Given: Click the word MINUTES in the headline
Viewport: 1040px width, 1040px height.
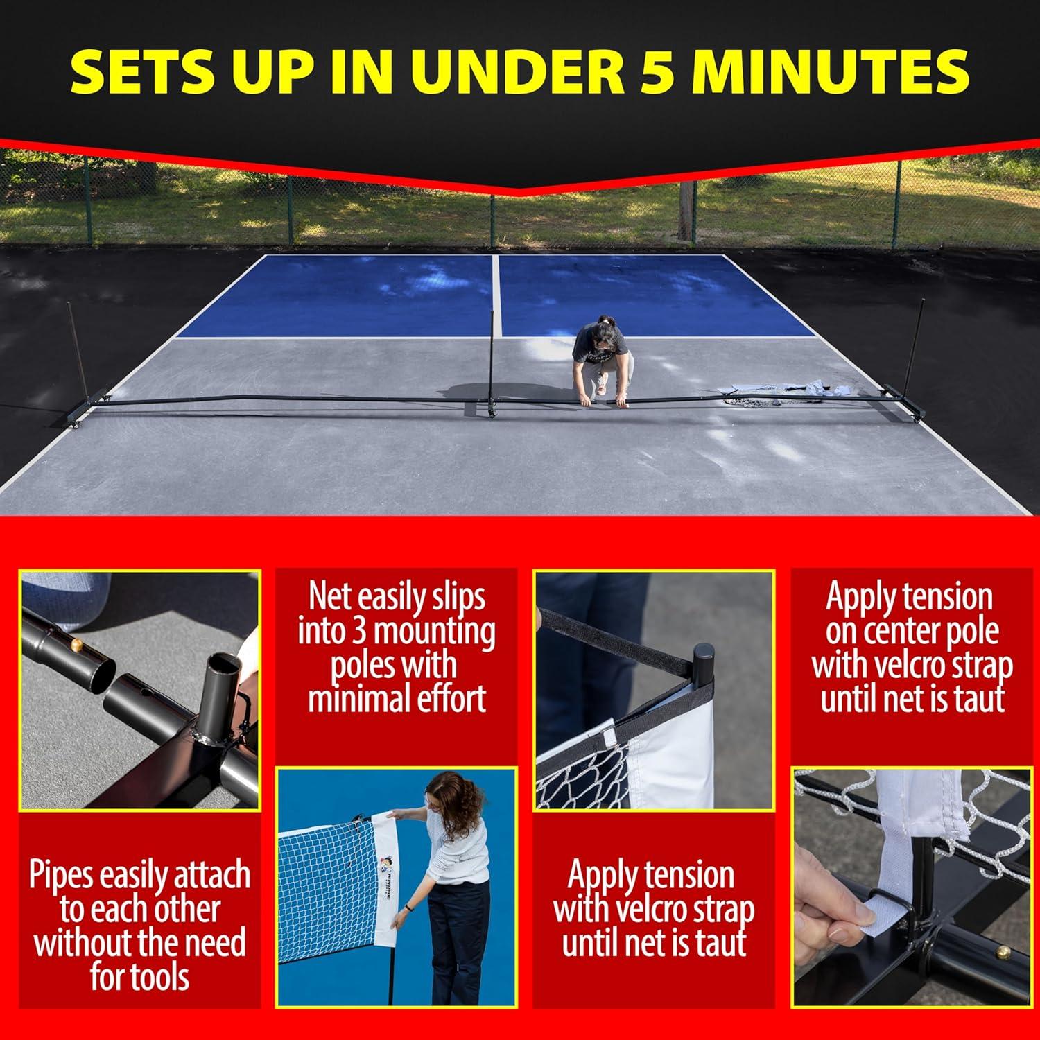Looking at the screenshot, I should (832, 71).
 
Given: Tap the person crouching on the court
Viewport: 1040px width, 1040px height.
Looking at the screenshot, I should (602, 361).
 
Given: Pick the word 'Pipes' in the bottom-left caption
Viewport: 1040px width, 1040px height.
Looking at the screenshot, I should (61, 876).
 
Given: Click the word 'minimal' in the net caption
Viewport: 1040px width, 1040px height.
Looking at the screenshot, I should (362, 699).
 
